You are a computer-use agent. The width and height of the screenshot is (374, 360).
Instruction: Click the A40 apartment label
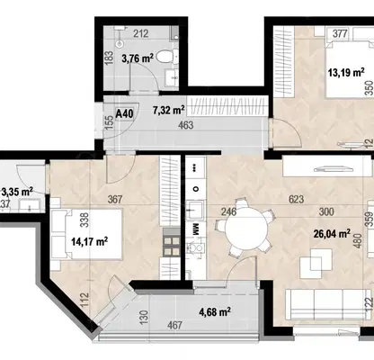click(x=124, y=113)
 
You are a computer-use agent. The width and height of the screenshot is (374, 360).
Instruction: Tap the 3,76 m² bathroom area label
click(x=138, y=58)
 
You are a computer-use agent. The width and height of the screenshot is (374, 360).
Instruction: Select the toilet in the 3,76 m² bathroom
click(x=167, y=57)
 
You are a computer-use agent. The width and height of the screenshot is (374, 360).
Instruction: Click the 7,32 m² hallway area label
click(x=169, y=110)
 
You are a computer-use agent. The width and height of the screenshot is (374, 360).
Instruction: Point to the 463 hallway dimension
click(x=185, y=125)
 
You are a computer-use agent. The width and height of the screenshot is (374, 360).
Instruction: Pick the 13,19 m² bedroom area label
click(x=346, y=72)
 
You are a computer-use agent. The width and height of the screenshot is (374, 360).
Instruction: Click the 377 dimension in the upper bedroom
click(x=340, y=33)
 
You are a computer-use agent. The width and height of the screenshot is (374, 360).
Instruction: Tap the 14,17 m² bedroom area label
click(x=90, y=241)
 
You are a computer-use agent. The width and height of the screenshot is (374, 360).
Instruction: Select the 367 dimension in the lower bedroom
click(x=115, y=199)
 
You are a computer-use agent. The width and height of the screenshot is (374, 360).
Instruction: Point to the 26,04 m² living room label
click(x=332, y=233)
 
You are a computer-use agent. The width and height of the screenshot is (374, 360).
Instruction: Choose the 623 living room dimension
click(x=296, y=199)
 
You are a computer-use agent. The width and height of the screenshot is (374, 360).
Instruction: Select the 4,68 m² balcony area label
click(x=215, y=312)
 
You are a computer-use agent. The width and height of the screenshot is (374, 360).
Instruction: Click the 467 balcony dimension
click(x=174, y=325)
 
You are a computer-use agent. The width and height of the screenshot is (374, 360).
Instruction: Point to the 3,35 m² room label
click(x=17, y=191)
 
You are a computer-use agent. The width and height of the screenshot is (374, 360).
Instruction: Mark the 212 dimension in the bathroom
click(x=140, y=33)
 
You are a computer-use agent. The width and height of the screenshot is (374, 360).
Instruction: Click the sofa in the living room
click(x=327, y=304)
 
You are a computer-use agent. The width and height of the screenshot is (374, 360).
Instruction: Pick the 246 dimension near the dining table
click(x=229, y=211)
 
